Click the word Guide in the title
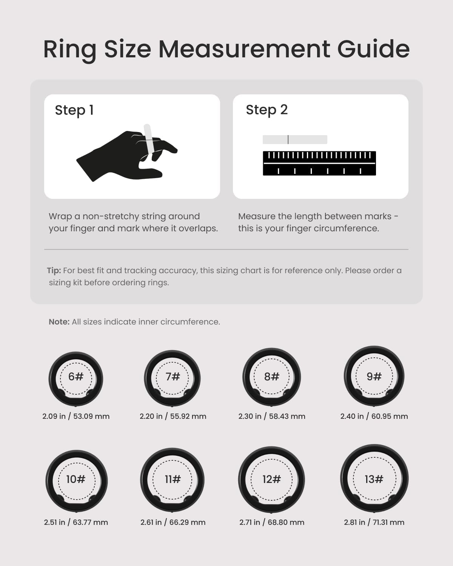point(373,49)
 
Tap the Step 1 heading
point(74,110)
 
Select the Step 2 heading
point(267,110)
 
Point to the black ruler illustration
point(319,163)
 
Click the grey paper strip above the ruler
point(295,139)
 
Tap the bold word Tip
point(54,271)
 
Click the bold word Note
point(59,321)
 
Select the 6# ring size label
point(76,377)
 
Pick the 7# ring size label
point(173,377)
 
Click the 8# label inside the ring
point(272,377)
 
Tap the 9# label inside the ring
point(374,376)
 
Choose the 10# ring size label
point(76,479)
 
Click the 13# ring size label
point(374,479)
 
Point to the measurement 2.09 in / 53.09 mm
point(76,416)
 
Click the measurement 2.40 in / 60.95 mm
point(374,416)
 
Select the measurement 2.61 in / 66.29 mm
point(173,522)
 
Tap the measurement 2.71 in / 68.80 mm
point(272,522)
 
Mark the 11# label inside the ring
point(173,479)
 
